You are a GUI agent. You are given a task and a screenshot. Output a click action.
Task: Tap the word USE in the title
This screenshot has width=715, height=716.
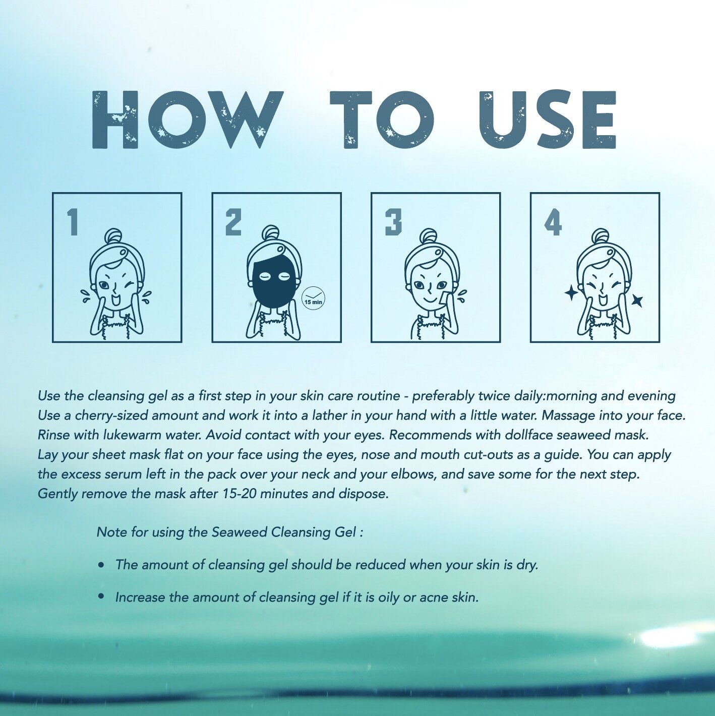pos(548,120)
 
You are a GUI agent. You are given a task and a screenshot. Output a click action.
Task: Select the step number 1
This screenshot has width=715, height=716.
pos(73,222)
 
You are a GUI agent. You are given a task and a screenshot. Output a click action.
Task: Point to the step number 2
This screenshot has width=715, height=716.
pos(233,222)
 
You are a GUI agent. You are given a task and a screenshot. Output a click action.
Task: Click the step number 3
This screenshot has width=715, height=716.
pos(393,222)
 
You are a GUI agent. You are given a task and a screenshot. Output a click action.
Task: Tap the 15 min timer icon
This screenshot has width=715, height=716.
pos(313,297)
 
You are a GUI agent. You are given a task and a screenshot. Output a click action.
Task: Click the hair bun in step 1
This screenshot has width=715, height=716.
pos(115,235)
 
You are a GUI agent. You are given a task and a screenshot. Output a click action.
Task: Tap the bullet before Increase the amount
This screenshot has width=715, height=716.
pos(101,596)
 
